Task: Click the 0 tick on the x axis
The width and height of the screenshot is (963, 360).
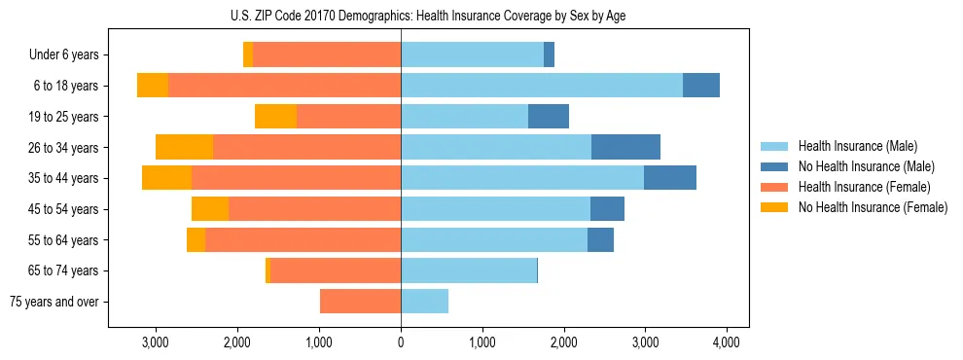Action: tap(401, 342)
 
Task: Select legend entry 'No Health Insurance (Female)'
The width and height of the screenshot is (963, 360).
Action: tap(873, 207)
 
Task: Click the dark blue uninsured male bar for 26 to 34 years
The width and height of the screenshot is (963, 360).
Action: tap(625, 148)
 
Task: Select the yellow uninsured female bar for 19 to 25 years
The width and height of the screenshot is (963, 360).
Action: tap(275, 117)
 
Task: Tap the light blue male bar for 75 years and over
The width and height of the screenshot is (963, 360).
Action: tap(424, 302)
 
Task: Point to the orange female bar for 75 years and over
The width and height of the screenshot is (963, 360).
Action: tap(360, 302)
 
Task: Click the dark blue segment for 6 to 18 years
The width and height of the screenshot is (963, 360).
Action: tap(700, 86)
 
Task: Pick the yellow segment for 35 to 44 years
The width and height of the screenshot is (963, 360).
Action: tap(166, 178)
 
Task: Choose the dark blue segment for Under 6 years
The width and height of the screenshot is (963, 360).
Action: tap(549, 55)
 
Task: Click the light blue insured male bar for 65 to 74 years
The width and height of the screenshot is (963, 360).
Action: tap(469, 270)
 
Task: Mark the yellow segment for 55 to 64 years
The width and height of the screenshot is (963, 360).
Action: tap(196, 240)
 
